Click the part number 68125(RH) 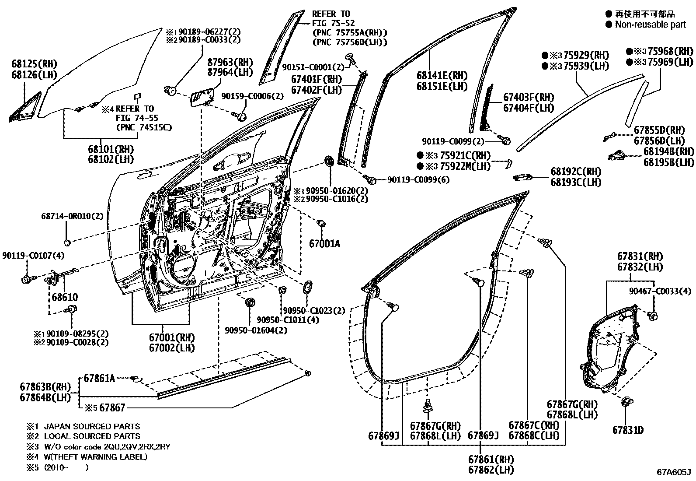pyautogui.click(x=34, y=64)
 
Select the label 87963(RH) pyautogui.click(x=230, y=62)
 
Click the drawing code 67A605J pyautogui.click(x=673, y=472)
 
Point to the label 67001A pyautogui.click(x=324, y=244)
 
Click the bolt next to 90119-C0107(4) pyautogui.click(x=26, y=278)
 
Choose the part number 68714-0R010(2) pyautogui.click(x=73, y=216)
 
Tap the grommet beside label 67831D pyautogui.click(x=626, y=402)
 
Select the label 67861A pyautogui.click(x=99, y=378)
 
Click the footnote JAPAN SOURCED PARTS pyautogui.click(x=92, y=426)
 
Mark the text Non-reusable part pyautogui.click(x=650, y=25)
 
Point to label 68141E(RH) pyautogui.click(x=442, y=76)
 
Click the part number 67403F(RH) pyautogui.click(x=528, y=97)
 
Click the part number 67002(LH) pyautogui.click(x=171, y=348)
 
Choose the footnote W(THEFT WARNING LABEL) pyautogui.click(x=95, y=457)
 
